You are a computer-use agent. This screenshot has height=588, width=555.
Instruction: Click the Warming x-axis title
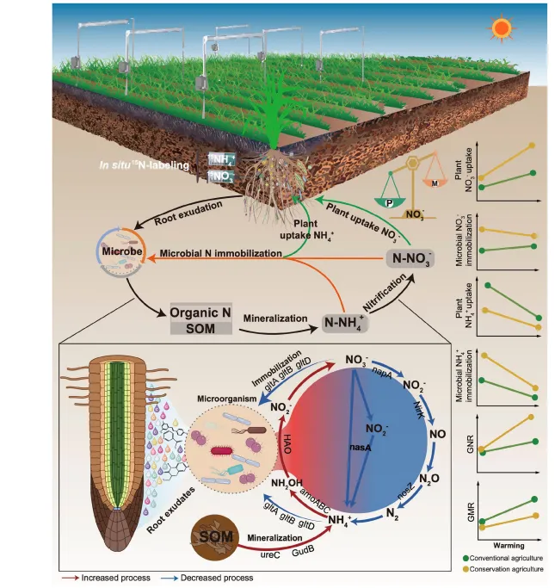pos(507,545)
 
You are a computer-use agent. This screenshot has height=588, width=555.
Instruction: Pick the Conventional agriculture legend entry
pos(515,559)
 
